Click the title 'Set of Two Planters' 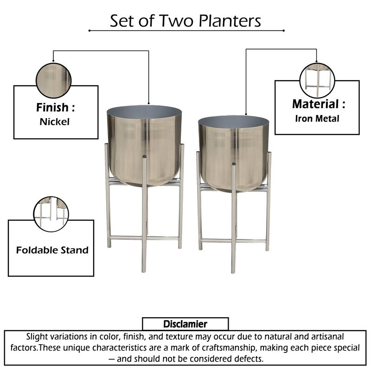pos(185,20)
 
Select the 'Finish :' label pos(55,108)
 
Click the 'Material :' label pos(318,104)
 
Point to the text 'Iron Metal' pos(317,118)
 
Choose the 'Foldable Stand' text pos(52,250)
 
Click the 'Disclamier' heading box pos(185,324)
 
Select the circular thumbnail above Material pos(317,77)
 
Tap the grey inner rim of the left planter pos(144,112)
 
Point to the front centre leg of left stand pos(144,218)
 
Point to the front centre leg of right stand pos(234,227)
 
